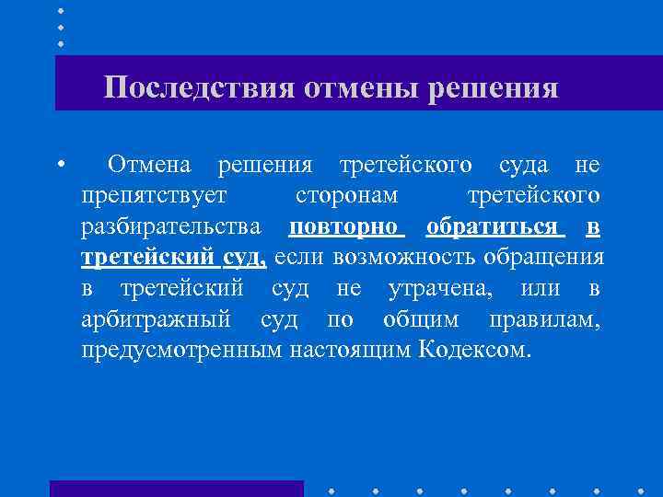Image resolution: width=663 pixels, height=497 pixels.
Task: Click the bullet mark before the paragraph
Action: click(x=59, y=166)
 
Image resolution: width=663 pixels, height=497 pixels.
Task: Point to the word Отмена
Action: click(x=149, y=166)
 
